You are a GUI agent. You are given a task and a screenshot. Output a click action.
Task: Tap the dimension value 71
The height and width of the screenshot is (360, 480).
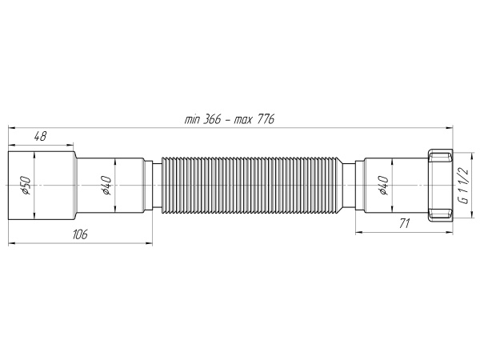405,224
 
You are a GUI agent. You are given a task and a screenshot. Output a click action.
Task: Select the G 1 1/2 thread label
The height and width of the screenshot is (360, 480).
462,186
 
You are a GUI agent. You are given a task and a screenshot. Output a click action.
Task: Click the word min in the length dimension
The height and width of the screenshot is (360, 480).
194,118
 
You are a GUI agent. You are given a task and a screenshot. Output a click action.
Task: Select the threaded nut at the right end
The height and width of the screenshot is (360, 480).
439,185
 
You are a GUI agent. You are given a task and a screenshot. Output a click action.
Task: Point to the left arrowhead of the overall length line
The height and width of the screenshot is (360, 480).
11,126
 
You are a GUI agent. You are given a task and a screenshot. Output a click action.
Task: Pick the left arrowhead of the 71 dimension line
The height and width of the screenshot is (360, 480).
357,233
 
